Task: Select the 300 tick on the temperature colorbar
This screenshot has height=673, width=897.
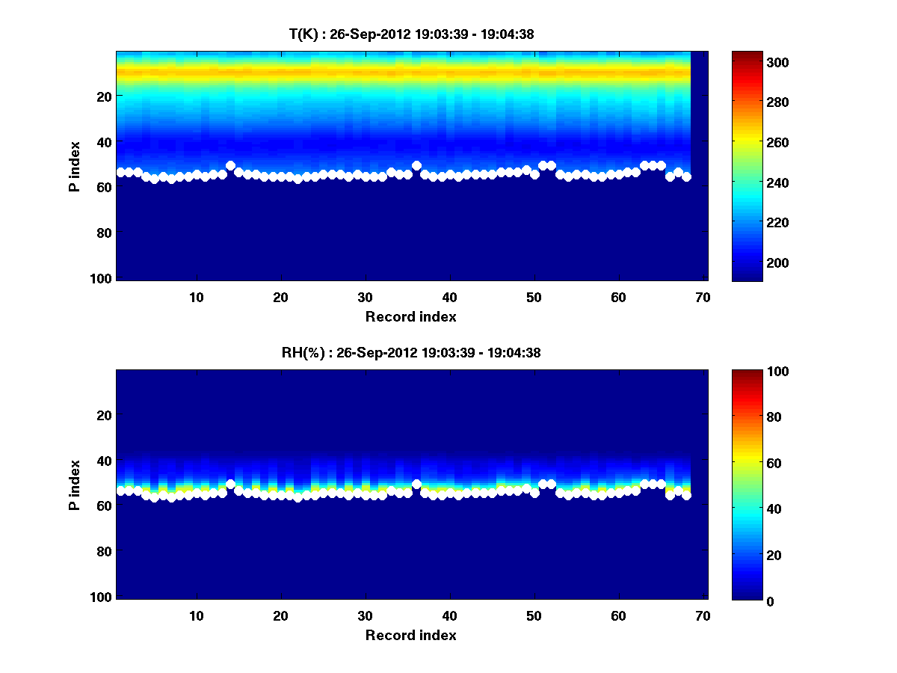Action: pyautogui.click(x=750, y=62)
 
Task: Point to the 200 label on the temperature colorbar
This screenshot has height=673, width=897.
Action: pyautogui.click(x=750, y=262)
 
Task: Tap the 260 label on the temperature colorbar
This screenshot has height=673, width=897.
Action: pyautogui.click(x=750, y=142)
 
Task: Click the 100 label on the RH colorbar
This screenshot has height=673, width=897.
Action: pyautogui.click(x=750, y=372)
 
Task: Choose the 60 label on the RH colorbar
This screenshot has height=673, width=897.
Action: pyautogui.click(x=747, y=463)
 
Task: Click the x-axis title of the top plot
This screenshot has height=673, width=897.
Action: pyautogui.click(x=410, y=316)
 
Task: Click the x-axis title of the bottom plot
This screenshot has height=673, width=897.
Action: pyautogui.click(x=410, y=635)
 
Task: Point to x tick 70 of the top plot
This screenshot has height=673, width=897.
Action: pyautogui.click(x=703, y=297)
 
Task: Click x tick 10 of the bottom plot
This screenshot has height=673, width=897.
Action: pyautogui.click(x=196, y=615)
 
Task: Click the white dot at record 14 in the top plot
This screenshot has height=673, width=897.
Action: pyautogui.click(x=230, y=165)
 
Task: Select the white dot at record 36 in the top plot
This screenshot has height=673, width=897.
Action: pyautogui.click(x=416, y=165)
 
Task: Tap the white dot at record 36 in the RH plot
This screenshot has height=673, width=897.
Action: pyautogui.click(x=416, y=484)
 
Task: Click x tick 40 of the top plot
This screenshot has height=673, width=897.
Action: pyautogui.click(x=449, y=297)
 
